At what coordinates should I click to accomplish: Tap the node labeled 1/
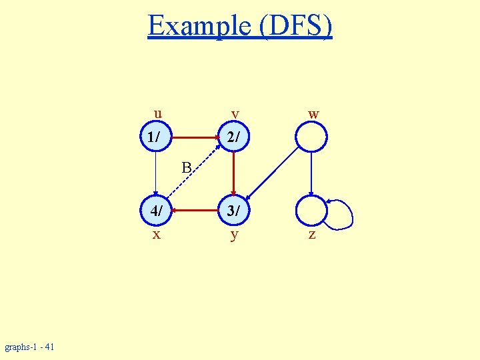coord(155,138)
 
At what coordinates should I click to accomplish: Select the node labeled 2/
coord(233,138)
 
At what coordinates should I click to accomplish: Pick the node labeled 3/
coord(233,211)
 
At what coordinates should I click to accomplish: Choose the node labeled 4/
coord(155,211)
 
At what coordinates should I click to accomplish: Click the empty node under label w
coord(311,138)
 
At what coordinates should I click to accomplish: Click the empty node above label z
coord(311,211)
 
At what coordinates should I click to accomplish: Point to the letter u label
coord(157,112)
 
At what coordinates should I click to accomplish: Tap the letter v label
coord(235,114)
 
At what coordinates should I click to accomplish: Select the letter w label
coord(313,114)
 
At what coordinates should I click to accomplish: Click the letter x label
coord(156,235)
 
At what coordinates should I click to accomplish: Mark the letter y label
coord(234,235)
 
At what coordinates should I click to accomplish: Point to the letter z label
coord(312,235)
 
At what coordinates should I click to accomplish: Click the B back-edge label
coord(187,166)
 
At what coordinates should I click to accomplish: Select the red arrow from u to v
coord(194,138)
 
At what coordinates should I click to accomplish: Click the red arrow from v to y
coord(233,175)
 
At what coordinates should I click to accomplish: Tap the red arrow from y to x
coord(194,211)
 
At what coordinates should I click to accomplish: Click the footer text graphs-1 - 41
coord(30,347)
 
